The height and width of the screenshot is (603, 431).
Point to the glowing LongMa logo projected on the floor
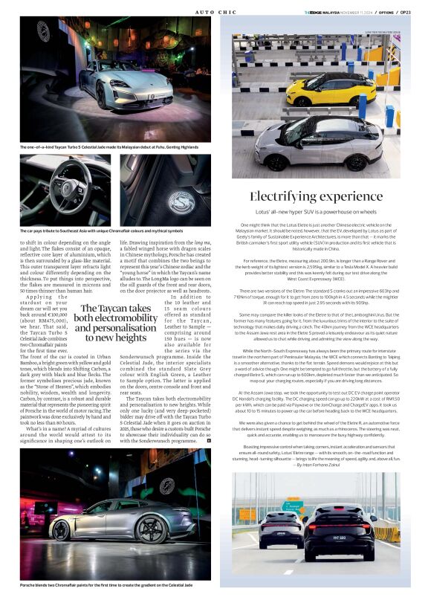[x=172, y=201]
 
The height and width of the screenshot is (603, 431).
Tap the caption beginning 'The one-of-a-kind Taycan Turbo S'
[x=108, y=147]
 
